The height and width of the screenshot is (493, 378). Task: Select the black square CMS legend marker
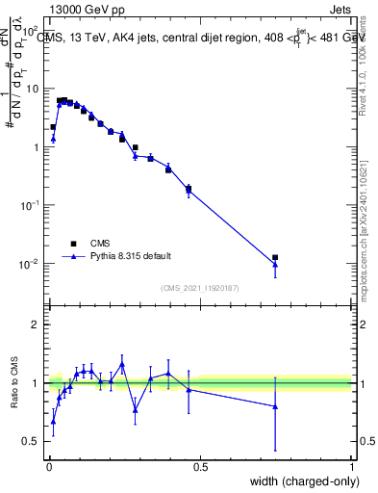point(73,244)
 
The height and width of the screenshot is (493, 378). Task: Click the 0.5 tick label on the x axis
point(200,464)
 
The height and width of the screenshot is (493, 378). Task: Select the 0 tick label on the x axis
point(48,464)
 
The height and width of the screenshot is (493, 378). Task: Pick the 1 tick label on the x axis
point(351,464)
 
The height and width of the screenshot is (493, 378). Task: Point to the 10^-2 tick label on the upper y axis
point(31,264)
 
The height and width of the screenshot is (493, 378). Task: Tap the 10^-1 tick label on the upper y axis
point(31,205)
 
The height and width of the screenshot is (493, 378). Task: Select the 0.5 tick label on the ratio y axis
point(33,441)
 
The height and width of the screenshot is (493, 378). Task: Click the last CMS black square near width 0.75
point(275,257)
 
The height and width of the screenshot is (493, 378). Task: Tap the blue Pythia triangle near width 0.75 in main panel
point(275,264)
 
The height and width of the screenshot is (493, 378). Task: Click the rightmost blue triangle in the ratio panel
point(275,406)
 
